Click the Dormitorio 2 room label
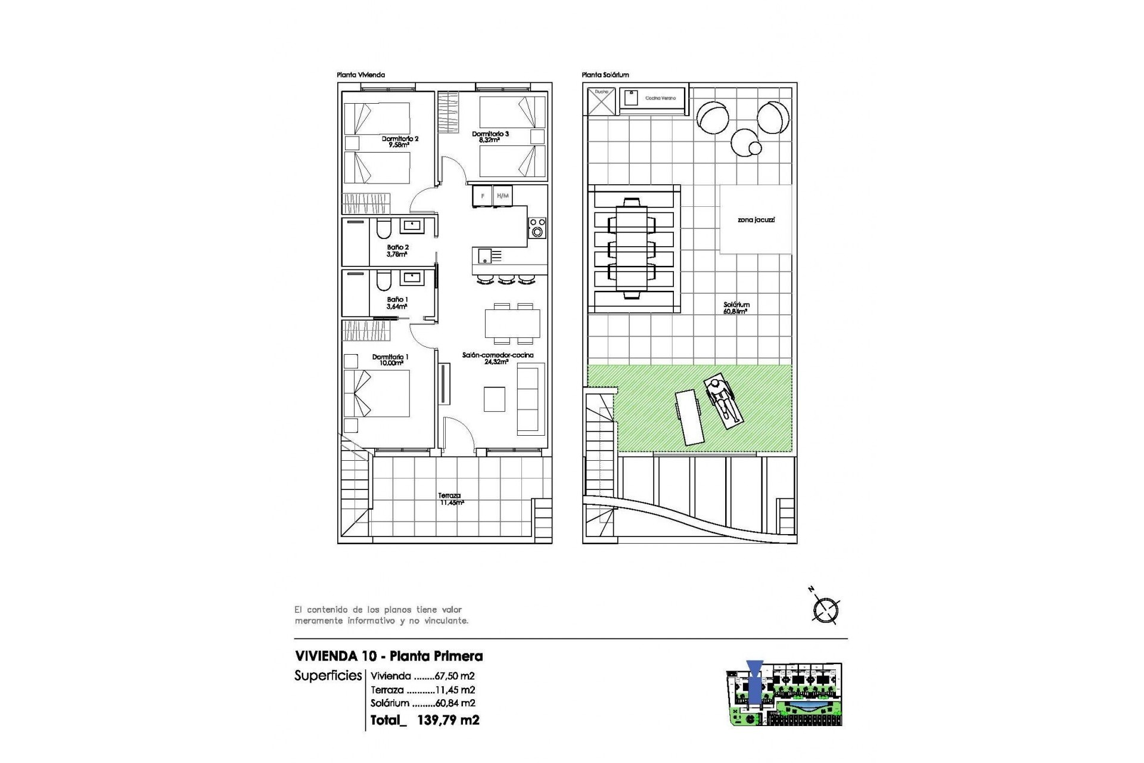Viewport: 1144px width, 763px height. pyautogui.click(x=400, y=141)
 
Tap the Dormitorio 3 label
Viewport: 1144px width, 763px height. pyautogui.click(x=490, y=137)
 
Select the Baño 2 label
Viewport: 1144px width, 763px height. pyautogui.click(x=397, y=250)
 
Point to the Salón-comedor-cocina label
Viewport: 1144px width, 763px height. pyautogui.click(x=498, y=358)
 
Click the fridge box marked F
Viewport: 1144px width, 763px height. pyautogui.click(x=483, y=196)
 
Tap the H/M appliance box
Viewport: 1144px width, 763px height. pyautogui.click(x=503, y=196)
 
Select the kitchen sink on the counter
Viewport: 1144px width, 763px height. pyautogui.click(x=484, y=256)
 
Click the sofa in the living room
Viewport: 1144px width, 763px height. pyautogui.click(x=530, y=399)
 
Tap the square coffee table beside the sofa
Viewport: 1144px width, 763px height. pyautogui.click(x=495, y=399)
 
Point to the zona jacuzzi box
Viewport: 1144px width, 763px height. pyautogui.click(x=756, y=220)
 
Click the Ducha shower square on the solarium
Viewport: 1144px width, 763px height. pyautogui.click(x=601, y=101)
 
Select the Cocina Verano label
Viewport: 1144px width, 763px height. pyautogui.click(x=660, y=98)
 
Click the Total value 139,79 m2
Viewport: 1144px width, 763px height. pyautogui.click(x=448, y=720)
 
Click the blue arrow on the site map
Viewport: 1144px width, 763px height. pyautogui.click(x=754, y=686)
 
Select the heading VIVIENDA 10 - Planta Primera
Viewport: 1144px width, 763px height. pyautogui.click(x=388, y=656)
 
